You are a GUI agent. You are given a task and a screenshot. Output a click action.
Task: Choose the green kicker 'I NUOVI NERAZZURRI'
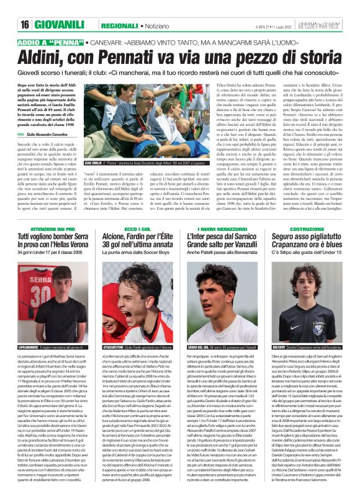[x=222, y=230]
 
